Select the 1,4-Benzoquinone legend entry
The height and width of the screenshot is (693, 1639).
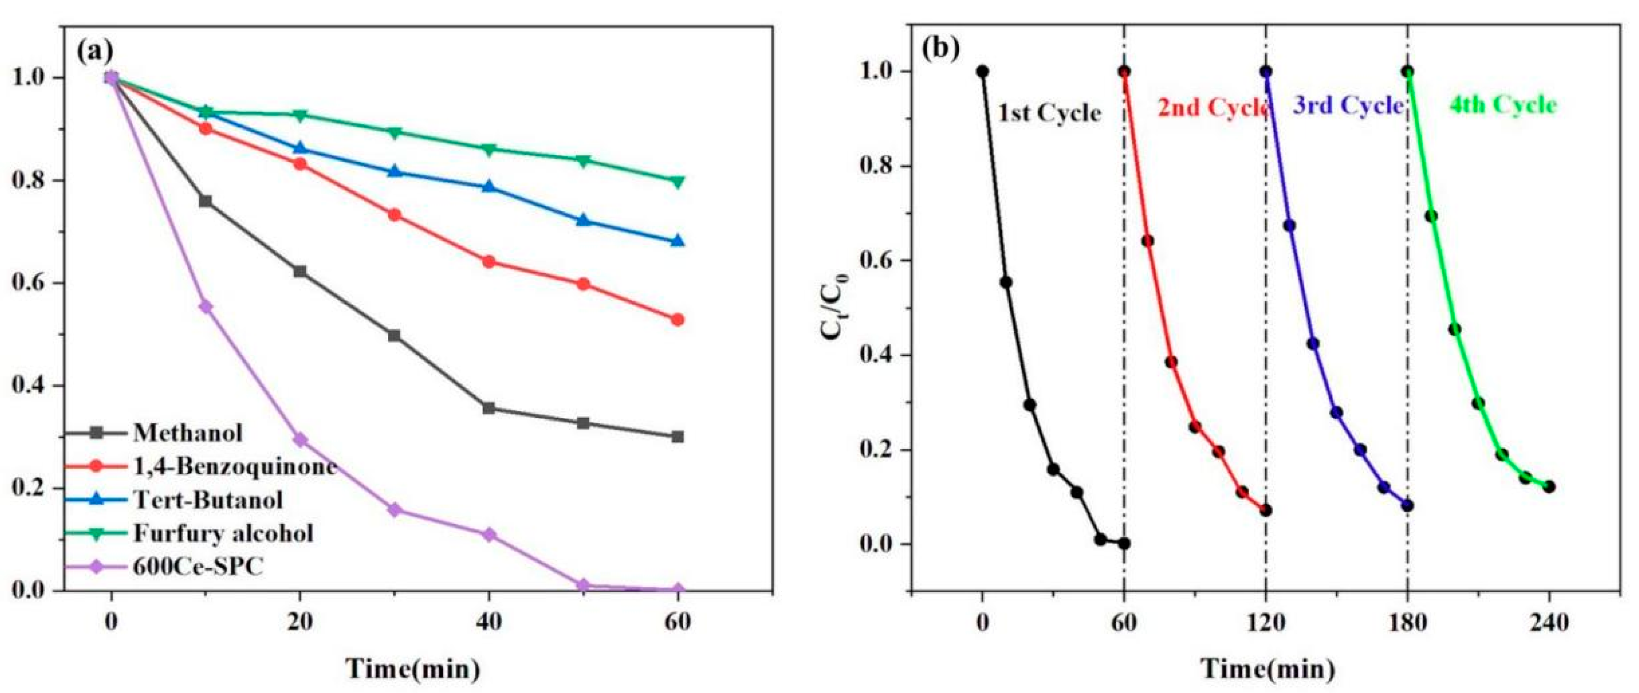[x=234, y=466]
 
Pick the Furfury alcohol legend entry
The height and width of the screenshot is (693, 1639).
[x=223, y=533]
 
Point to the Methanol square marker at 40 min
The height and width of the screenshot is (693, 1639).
[x=489, y=408]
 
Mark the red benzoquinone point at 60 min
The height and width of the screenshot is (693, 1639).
[x=677, y=319]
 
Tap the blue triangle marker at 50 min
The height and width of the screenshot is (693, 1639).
[x=583, y=220]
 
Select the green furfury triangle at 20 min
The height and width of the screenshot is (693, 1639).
[x=300, y=115]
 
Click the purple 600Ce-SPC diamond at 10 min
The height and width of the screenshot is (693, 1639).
[x=205, y=307]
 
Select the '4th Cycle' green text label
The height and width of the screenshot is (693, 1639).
[x=1503, y=105]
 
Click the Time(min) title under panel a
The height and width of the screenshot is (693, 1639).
[x=412, y=669]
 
